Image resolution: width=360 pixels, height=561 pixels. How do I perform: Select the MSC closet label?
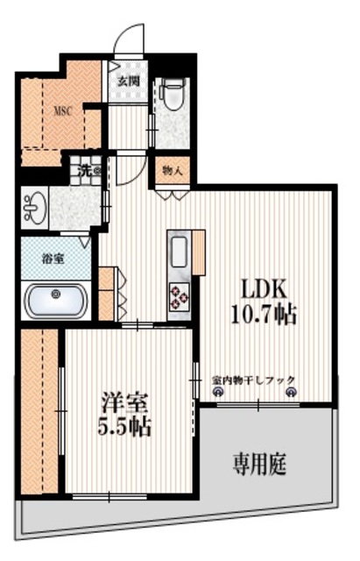click(x=62, y=111)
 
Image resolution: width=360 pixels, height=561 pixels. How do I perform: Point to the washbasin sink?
click(x=35, y=208)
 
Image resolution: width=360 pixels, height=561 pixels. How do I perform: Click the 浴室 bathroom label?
click(x=54, y=259)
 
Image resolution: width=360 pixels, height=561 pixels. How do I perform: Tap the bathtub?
click(x=56, y=302)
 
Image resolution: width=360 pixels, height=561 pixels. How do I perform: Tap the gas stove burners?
click(x=179, y=297)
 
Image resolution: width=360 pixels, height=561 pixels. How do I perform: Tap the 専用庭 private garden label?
click(x=259, y=462)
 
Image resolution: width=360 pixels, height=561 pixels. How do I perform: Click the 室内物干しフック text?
click(x=254, y=380)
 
